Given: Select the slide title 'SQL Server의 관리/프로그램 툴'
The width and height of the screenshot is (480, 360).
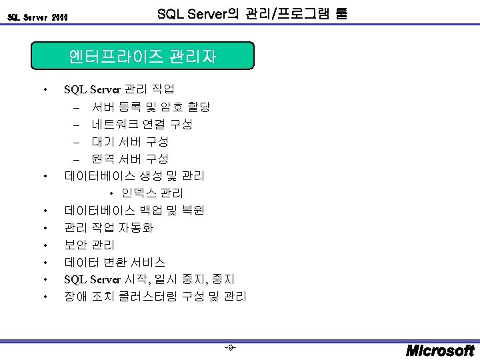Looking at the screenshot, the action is pos(251,13).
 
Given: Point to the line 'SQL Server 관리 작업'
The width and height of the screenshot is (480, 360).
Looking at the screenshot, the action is pos(119,89).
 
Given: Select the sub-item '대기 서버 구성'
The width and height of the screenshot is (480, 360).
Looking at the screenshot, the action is pos(130,141).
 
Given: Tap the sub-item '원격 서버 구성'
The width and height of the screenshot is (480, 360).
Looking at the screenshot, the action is pos(130,159).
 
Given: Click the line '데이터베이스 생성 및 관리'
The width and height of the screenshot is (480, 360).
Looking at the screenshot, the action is pos(134,176).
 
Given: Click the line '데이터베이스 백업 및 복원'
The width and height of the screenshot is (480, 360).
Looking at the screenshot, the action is pos(134,211).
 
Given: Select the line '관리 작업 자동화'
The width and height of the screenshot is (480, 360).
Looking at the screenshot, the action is pos(109,228).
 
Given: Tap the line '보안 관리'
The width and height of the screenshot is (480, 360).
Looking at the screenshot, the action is pos(90,245).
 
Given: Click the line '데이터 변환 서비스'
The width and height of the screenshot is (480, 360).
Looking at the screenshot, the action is pos(115,263).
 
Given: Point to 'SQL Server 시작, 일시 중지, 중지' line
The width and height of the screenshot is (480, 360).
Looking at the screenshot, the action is pos(149,279).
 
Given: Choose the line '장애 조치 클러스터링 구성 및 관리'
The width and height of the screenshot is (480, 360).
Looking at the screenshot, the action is pos(155,296).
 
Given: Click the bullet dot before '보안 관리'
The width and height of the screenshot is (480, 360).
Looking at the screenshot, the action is pos(44,245).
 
